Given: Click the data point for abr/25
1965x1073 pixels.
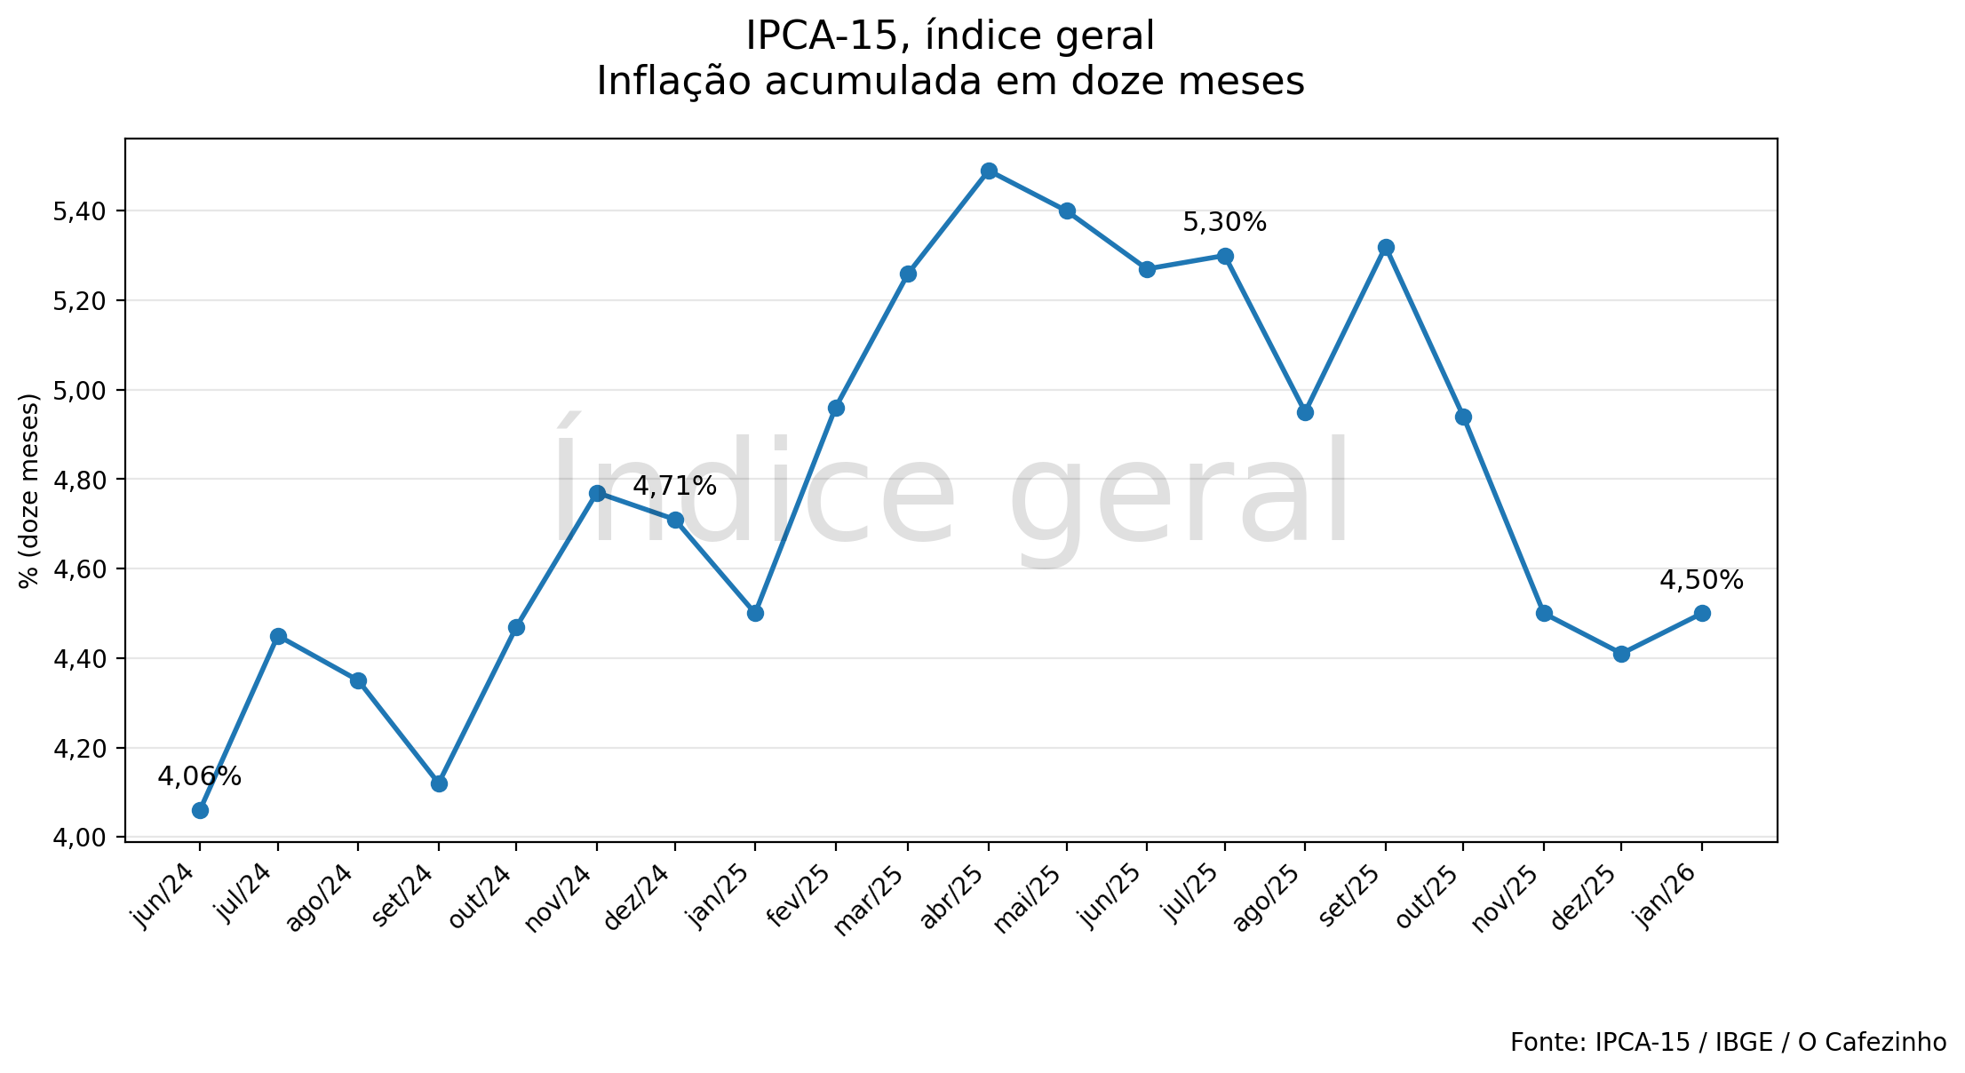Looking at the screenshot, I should tap(989, 171).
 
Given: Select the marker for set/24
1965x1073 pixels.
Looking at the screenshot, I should tap(439, 783).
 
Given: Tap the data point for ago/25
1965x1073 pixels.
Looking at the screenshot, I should tap(1305, 412).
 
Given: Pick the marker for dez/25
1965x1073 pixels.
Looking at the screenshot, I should tap(1621, 654).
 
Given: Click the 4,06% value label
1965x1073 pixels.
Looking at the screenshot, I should tap(199, 776).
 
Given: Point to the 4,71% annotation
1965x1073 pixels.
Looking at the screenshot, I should tap(674, 486).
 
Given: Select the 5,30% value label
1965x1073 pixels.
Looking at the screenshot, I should tap(1224, 222).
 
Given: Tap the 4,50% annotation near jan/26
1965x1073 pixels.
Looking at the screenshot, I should tap(1701, 580).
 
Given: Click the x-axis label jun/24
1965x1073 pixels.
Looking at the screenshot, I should tap(165, 894).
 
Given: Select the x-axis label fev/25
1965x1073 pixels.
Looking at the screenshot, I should tap(800, 895).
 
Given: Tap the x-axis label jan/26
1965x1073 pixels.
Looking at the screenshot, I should tap(1668, 894).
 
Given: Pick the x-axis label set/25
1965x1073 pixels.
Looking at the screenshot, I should tap(1350, 895).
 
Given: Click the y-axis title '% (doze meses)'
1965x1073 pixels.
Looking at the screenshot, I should tap(29, 490).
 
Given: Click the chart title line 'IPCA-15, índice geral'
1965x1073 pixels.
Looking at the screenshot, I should tap(950, 36).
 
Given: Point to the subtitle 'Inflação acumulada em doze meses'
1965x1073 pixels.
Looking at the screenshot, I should tap(950, 82).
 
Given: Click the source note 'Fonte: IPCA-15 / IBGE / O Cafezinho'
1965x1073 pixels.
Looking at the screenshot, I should tap(1728, 1042).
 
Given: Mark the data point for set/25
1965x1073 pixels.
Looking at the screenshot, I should tap(1386, 247).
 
